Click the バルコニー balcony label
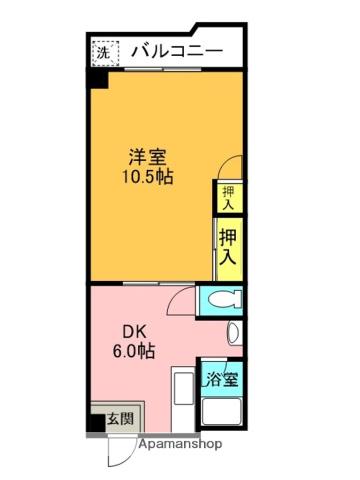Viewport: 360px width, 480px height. [177, 52]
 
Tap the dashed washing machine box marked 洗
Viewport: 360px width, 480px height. [105, 53]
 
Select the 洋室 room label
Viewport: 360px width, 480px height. [148, 157]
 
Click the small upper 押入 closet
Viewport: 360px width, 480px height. [228, 197]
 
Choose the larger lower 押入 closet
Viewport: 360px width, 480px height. [229, 249]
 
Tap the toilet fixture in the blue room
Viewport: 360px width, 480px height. [225, 299]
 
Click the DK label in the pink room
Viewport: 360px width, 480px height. [135, 332]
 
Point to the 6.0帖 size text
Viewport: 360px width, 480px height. [134, 351]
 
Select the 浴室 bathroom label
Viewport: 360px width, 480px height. [222, 379]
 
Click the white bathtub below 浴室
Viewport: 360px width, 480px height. [222, 411]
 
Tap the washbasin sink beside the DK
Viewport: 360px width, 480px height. [235, 333]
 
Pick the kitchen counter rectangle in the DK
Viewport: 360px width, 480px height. [183, 389]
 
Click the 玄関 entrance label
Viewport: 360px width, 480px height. [120, 419]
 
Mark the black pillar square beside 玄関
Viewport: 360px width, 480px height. [96, 423]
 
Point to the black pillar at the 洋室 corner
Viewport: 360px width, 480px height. [97, 80]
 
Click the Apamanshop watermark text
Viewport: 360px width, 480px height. [180, 444]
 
